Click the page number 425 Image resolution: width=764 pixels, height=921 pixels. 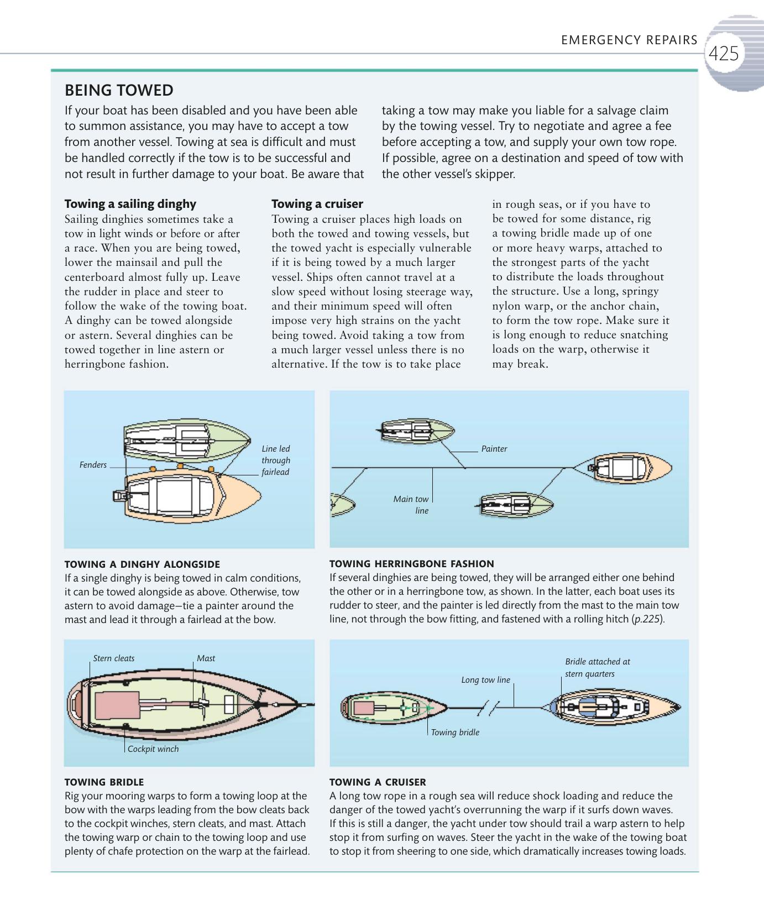tap(723, 54)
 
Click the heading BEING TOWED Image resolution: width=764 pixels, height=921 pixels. tap(119, 90)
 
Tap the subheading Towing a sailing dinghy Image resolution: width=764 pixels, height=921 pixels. tap(130, 203)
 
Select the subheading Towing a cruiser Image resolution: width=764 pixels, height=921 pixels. tap(317, 203)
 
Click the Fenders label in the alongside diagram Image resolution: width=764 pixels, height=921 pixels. tap(93, 465)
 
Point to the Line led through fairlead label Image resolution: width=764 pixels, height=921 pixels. tap(275, 460)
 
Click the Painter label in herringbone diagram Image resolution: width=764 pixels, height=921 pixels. tap(494, 449)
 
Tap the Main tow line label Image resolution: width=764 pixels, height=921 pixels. tap(411, 504)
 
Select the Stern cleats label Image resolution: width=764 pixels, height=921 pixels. tap(113, 658)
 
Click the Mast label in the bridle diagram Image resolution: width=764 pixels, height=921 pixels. tap(206, 658)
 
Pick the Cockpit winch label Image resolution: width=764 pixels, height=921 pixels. tap(153, 749)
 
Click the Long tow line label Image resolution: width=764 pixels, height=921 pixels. tap(485, 680)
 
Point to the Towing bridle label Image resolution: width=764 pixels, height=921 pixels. tap(455, 732)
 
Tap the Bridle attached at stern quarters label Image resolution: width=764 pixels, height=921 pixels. tap(597, 667)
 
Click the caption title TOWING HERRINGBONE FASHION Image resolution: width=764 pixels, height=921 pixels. tap(411, 564)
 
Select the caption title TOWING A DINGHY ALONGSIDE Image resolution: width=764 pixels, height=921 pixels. tap(142, 564)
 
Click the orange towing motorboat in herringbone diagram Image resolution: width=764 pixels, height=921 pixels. tap(630, 468)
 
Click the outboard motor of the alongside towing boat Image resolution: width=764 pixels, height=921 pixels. tap(119, 496)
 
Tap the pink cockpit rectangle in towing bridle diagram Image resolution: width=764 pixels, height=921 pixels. tap(117, 706)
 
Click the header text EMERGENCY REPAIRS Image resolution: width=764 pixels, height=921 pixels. tap(629, 40)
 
